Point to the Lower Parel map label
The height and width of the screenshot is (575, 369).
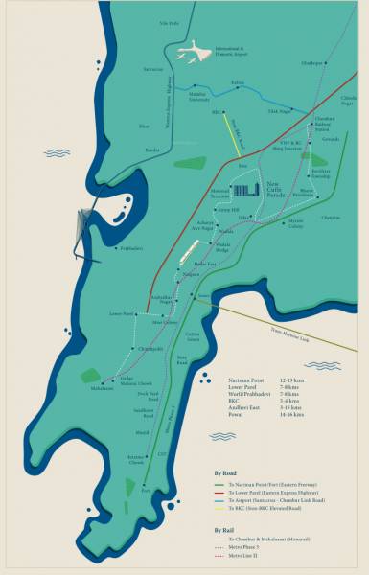click(x=122, y=313)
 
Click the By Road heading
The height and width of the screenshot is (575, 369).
click(x=225, y=472)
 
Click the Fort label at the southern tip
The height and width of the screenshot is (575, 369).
click(x=145, y=489)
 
